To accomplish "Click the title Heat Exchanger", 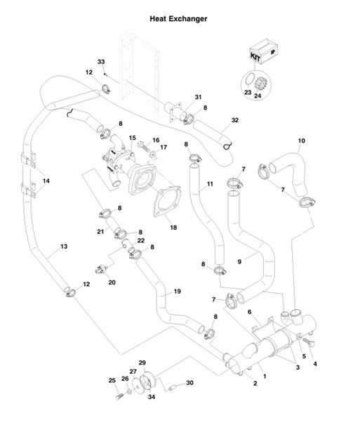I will pyautogui.click(x=178, y=19).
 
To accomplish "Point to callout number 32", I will pyautogui.click(x=235, y=120).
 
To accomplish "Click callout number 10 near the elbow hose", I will pyautogui.click(x=302, y=140).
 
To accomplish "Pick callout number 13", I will pyautogui.click(x=64, y=247).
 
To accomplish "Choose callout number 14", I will pyautogui.click(x=46, y=181).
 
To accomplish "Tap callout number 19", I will pyautogui.click(x=178, y=291).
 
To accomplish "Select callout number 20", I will pyautogui.click(x=111, y=282).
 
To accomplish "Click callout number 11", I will pyautogui.click(x=210, y=185).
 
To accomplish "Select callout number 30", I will pyautogui.click(x=189, y=383).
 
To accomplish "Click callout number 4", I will pyautogui.click(x=315, y=364).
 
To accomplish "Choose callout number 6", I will pyautogui.click(x=268, y=311).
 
